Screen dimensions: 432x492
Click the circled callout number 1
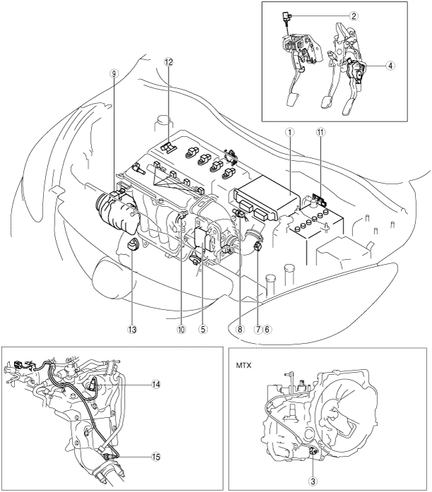coord(290,133)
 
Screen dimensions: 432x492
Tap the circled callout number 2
coord(354,16)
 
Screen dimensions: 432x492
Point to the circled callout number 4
coord(390,66)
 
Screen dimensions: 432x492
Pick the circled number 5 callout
coord(203,329)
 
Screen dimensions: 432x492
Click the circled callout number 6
coord(268,329)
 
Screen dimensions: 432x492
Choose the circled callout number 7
coord(258,329)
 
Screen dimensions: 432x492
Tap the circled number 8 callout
coord(240,329)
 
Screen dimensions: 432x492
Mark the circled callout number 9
coord(113,73)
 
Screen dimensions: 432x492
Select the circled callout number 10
coord(181,329)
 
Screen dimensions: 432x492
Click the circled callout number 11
coord(320,133)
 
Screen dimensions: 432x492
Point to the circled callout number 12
coord(169,62)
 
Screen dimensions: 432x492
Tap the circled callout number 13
coord(132,329)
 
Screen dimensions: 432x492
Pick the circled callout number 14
coord(155,385)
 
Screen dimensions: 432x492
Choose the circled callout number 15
coord(155,457)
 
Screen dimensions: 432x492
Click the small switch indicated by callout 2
coord(285,16)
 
